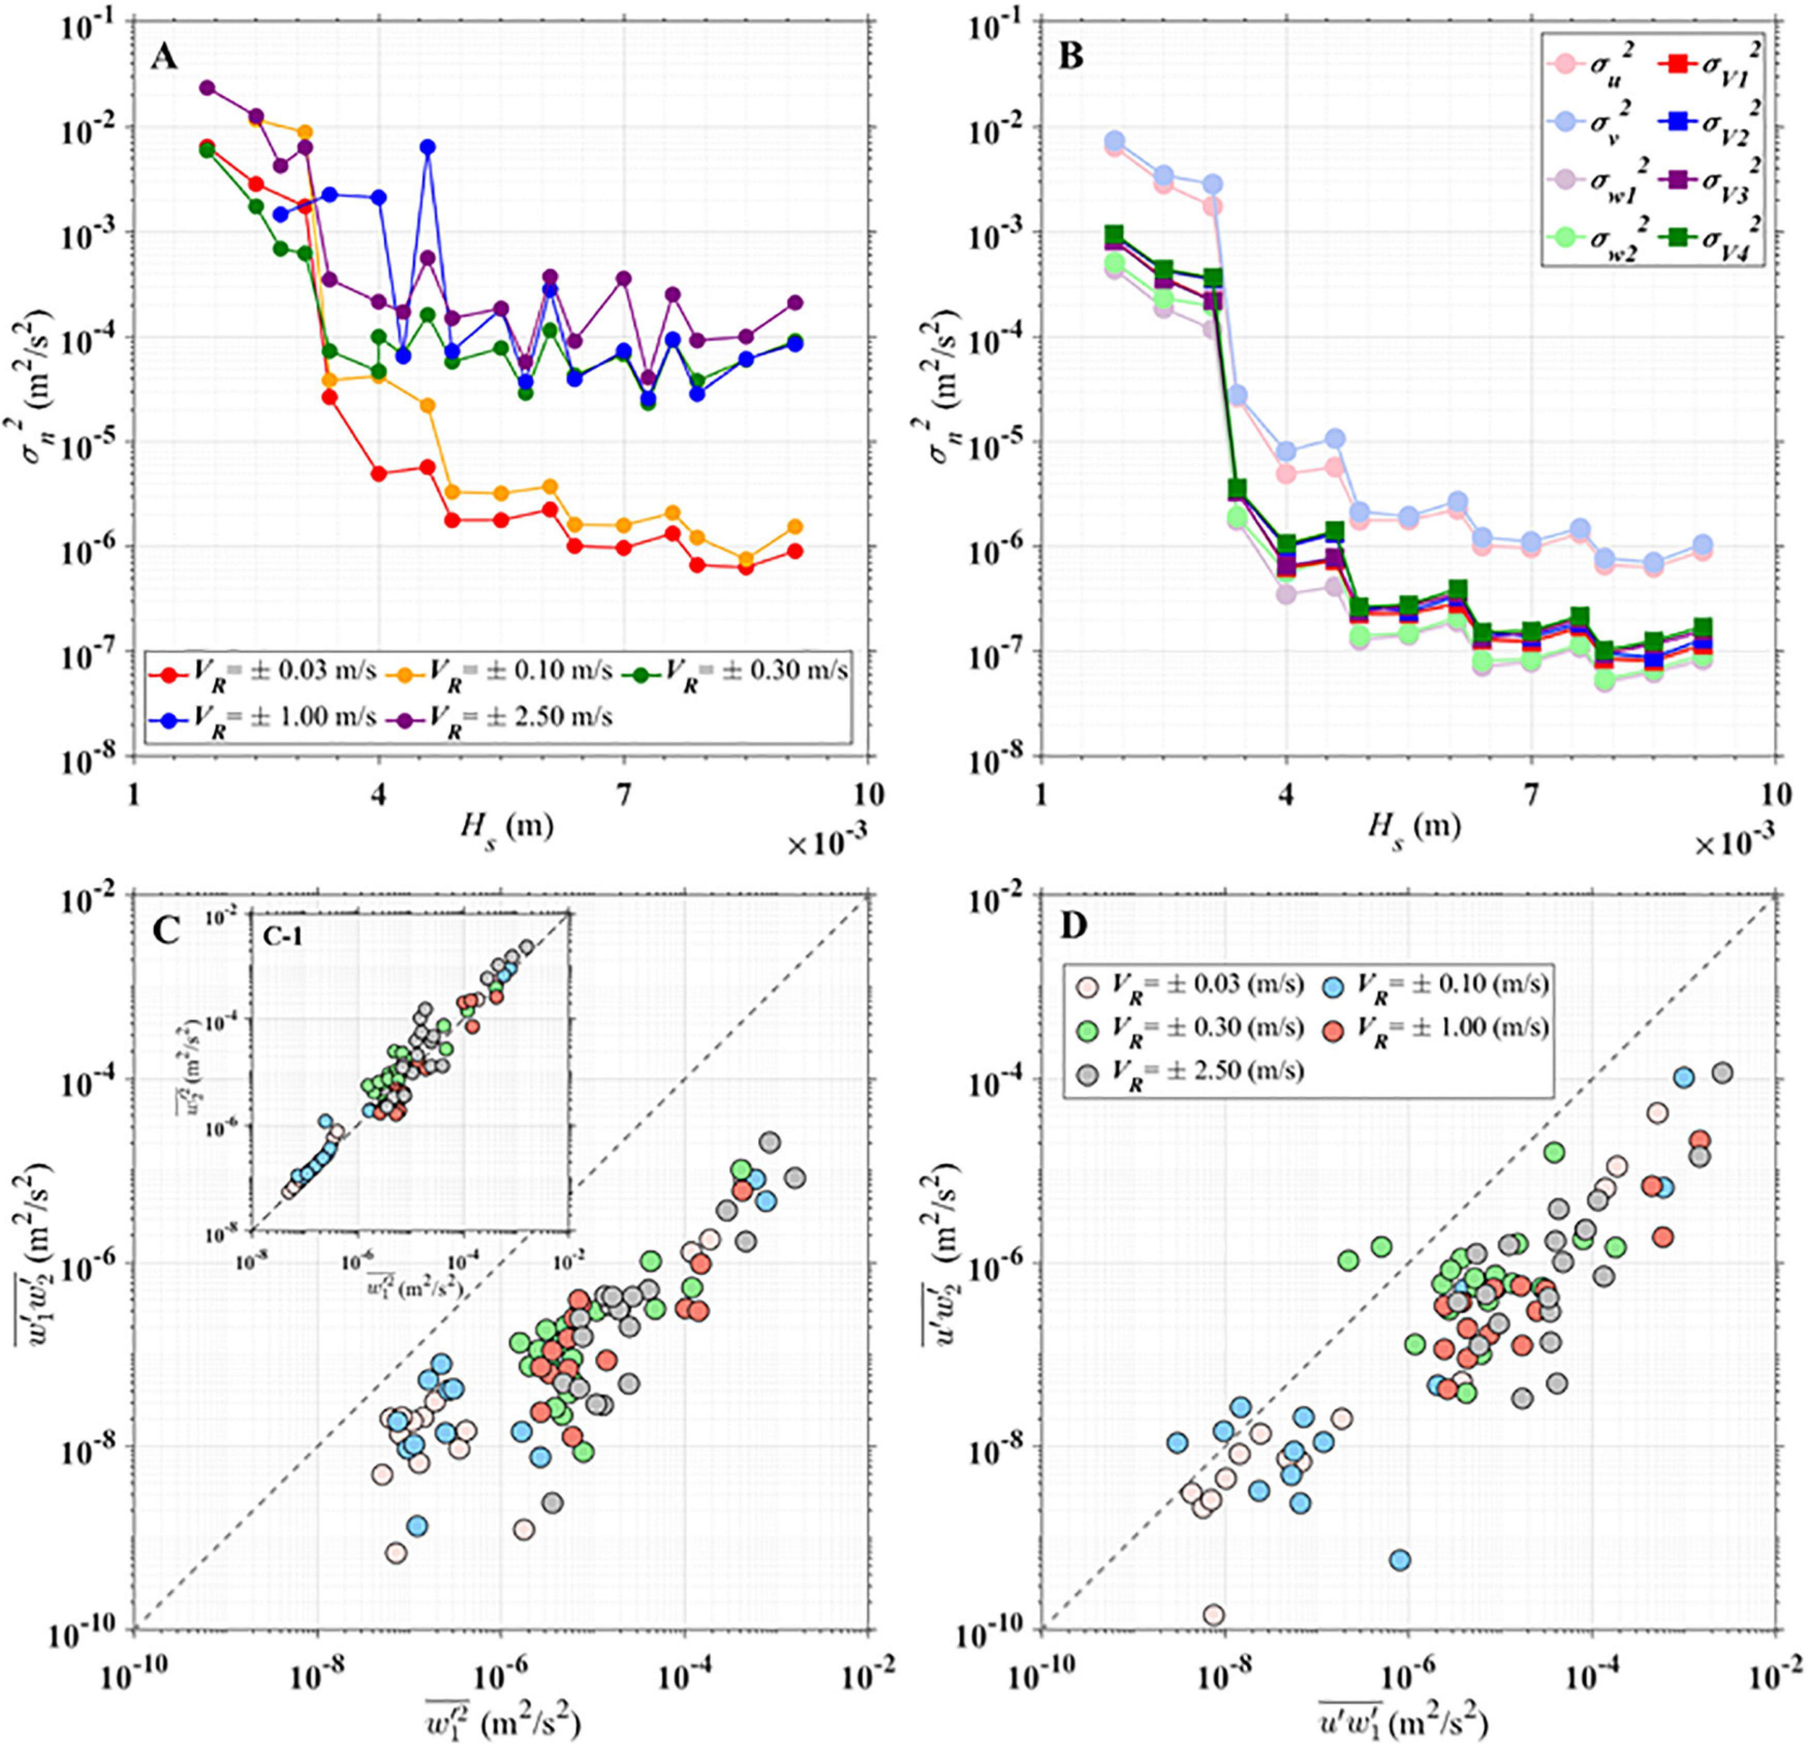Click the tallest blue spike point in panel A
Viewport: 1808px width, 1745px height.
coord(427,147)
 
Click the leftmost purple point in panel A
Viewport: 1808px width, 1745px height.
coord(207,88)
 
